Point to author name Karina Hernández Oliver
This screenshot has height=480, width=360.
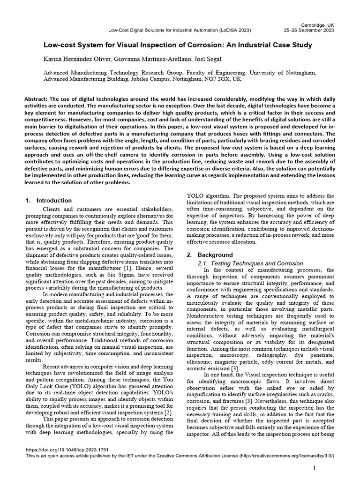74,60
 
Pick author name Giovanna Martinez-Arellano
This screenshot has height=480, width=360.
142,60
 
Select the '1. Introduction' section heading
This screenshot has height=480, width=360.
49,201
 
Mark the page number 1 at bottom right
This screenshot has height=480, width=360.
315,468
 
